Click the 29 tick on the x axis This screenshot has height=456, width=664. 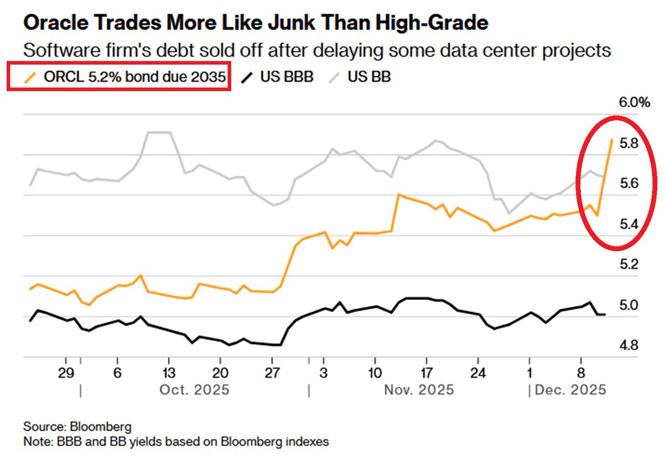pyautogui.click(x=66, y=371)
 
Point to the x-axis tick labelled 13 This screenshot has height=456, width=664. pyautogui.click(x=169, y=371)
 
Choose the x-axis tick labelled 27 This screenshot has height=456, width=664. pyautogui.click(x=272, y=371)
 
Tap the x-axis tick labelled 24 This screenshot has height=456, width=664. pyautogui.click(x=479, y=371)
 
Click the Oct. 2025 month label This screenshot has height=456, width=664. pyautogui.click(x=194, y=390)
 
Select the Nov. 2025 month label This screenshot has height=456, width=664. pyautogui.click(x=419, y=390)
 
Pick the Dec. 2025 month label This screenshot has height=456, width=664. pyautogui.click(x=571, y=390)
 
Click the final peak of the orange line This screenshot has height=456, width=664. pyautogui.click(x=611, y=139)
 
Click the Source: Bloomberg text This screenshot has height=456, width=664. pyautogui.click(x=77, y=427)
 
